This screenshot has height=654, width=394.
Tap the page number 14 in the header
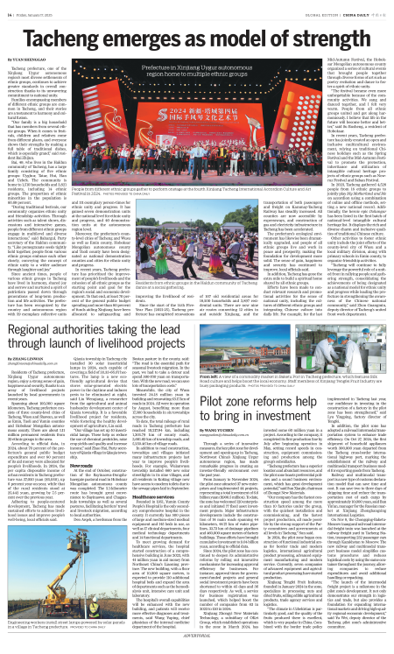click(x=12, y=13)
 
